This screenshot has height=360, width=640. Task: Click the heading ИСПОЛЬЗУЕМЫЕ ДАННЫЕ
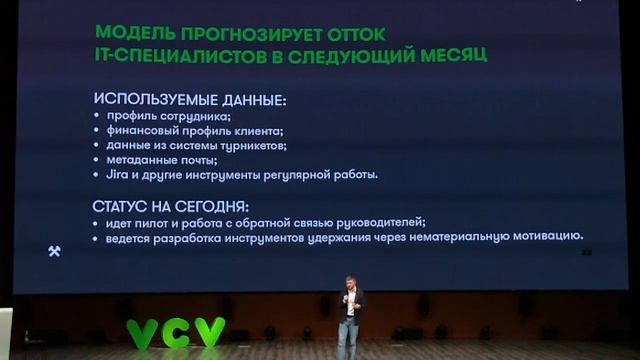point(189,100)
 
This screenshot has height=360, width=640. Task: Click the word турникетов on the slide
point(253,146)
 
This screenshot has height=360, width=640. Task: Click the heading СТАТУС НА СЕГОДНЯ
point(170,206)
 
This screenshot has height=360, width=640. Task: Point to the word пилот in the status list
point(164,222)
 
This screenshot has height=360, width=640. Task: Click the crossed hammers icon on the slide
point(54,251)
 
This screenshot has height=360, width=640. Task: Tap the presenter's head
point(350,283)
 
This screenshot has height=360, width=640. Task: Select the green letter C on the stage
point(176,333)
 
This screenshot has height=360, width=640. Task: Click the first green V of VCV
point(142,334)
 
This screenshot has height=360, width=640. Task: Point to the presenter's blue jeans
point(348,338)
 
